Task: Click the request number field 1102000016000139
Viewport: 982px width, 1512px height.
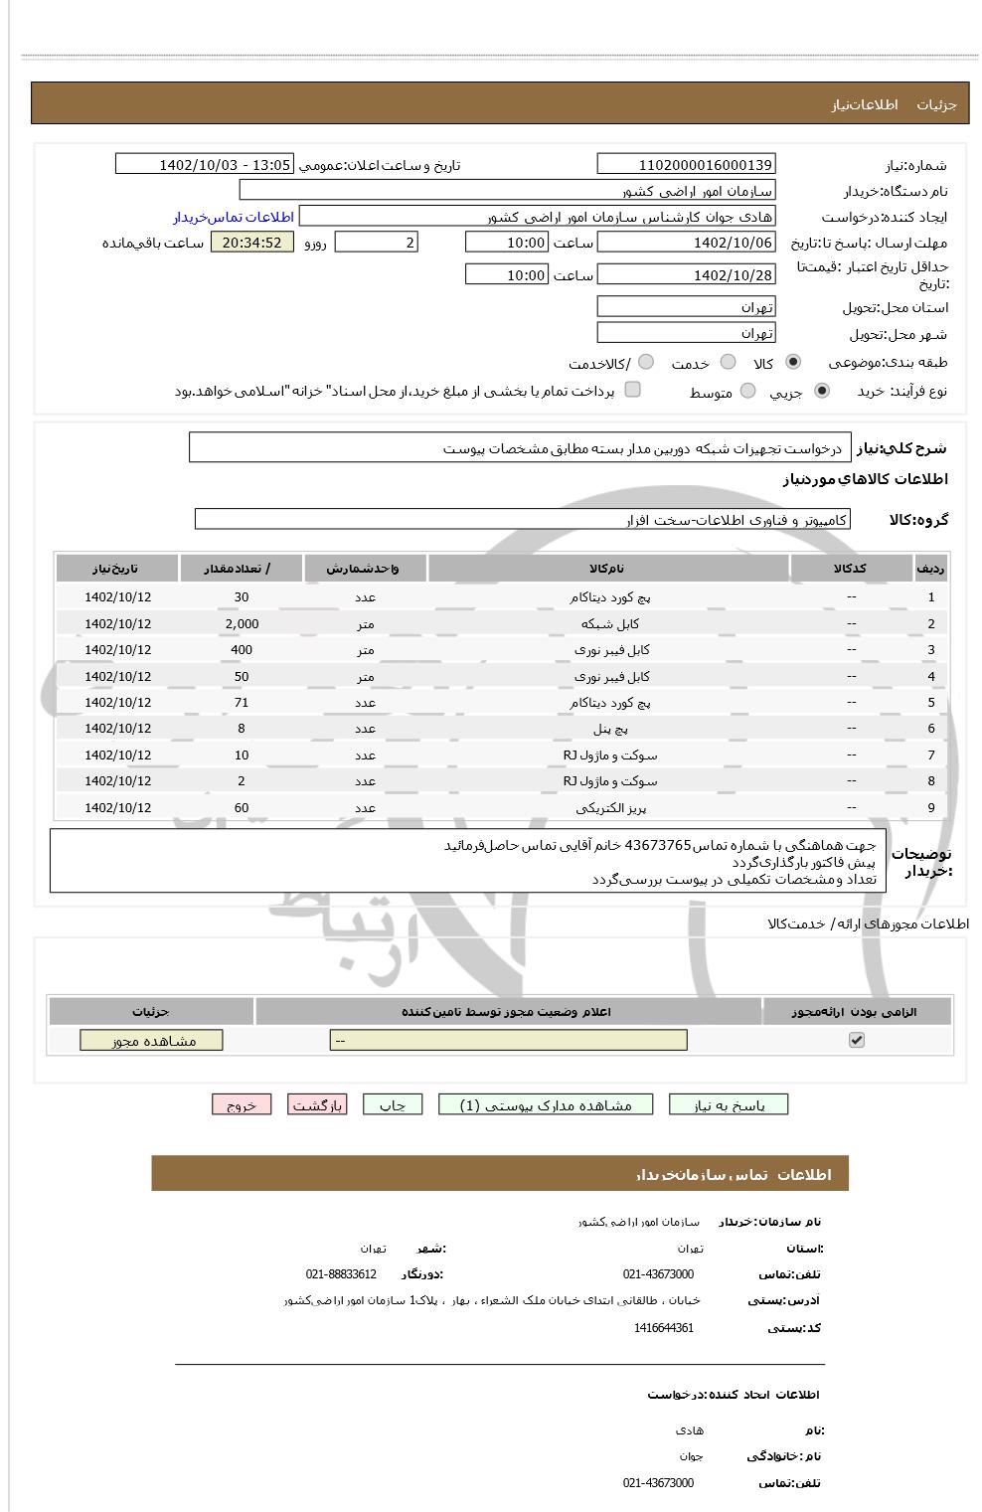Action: (x=686, y=165)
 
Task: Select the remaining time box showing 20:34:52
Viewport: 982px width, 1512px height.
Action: (x=252, y=243)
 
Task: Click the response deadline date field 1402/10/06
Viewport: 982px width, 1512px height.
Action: (x=686, y=243)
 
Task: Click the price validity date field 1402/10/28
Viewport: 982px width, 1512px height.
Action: (x=686, y=275)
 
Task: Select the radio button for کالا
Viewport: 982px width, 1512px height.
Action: (x=793, y=363)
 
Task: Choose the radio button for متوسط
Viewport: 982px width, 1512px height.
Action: (x=747, y=392)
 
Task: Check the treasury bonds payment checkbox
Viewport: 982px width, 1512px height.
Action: (x=632, y=390)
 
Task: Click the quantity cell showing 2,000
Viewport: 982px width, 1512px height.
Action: (x=242, y=623)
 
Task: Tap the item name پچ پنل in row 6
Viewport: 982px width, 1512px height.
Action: (x=609, y=729)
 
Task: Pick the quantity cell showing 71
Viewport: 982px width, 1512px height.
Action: (x=242, y=702)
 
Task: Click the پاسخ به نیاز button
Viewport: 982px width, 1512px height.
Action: (x=729, y=1105)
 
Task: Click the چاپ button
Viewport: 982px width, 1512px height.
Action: (x=393, y=1105)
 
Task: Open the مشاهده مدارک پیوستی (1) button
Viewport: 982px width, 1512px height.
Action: (x=546, y=1105)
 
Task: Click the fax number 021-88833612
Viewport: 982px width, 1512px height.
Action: (x=341, y=1274)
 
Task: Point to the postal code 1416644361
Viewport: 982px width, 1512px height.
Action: (x=663, y=1328)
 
